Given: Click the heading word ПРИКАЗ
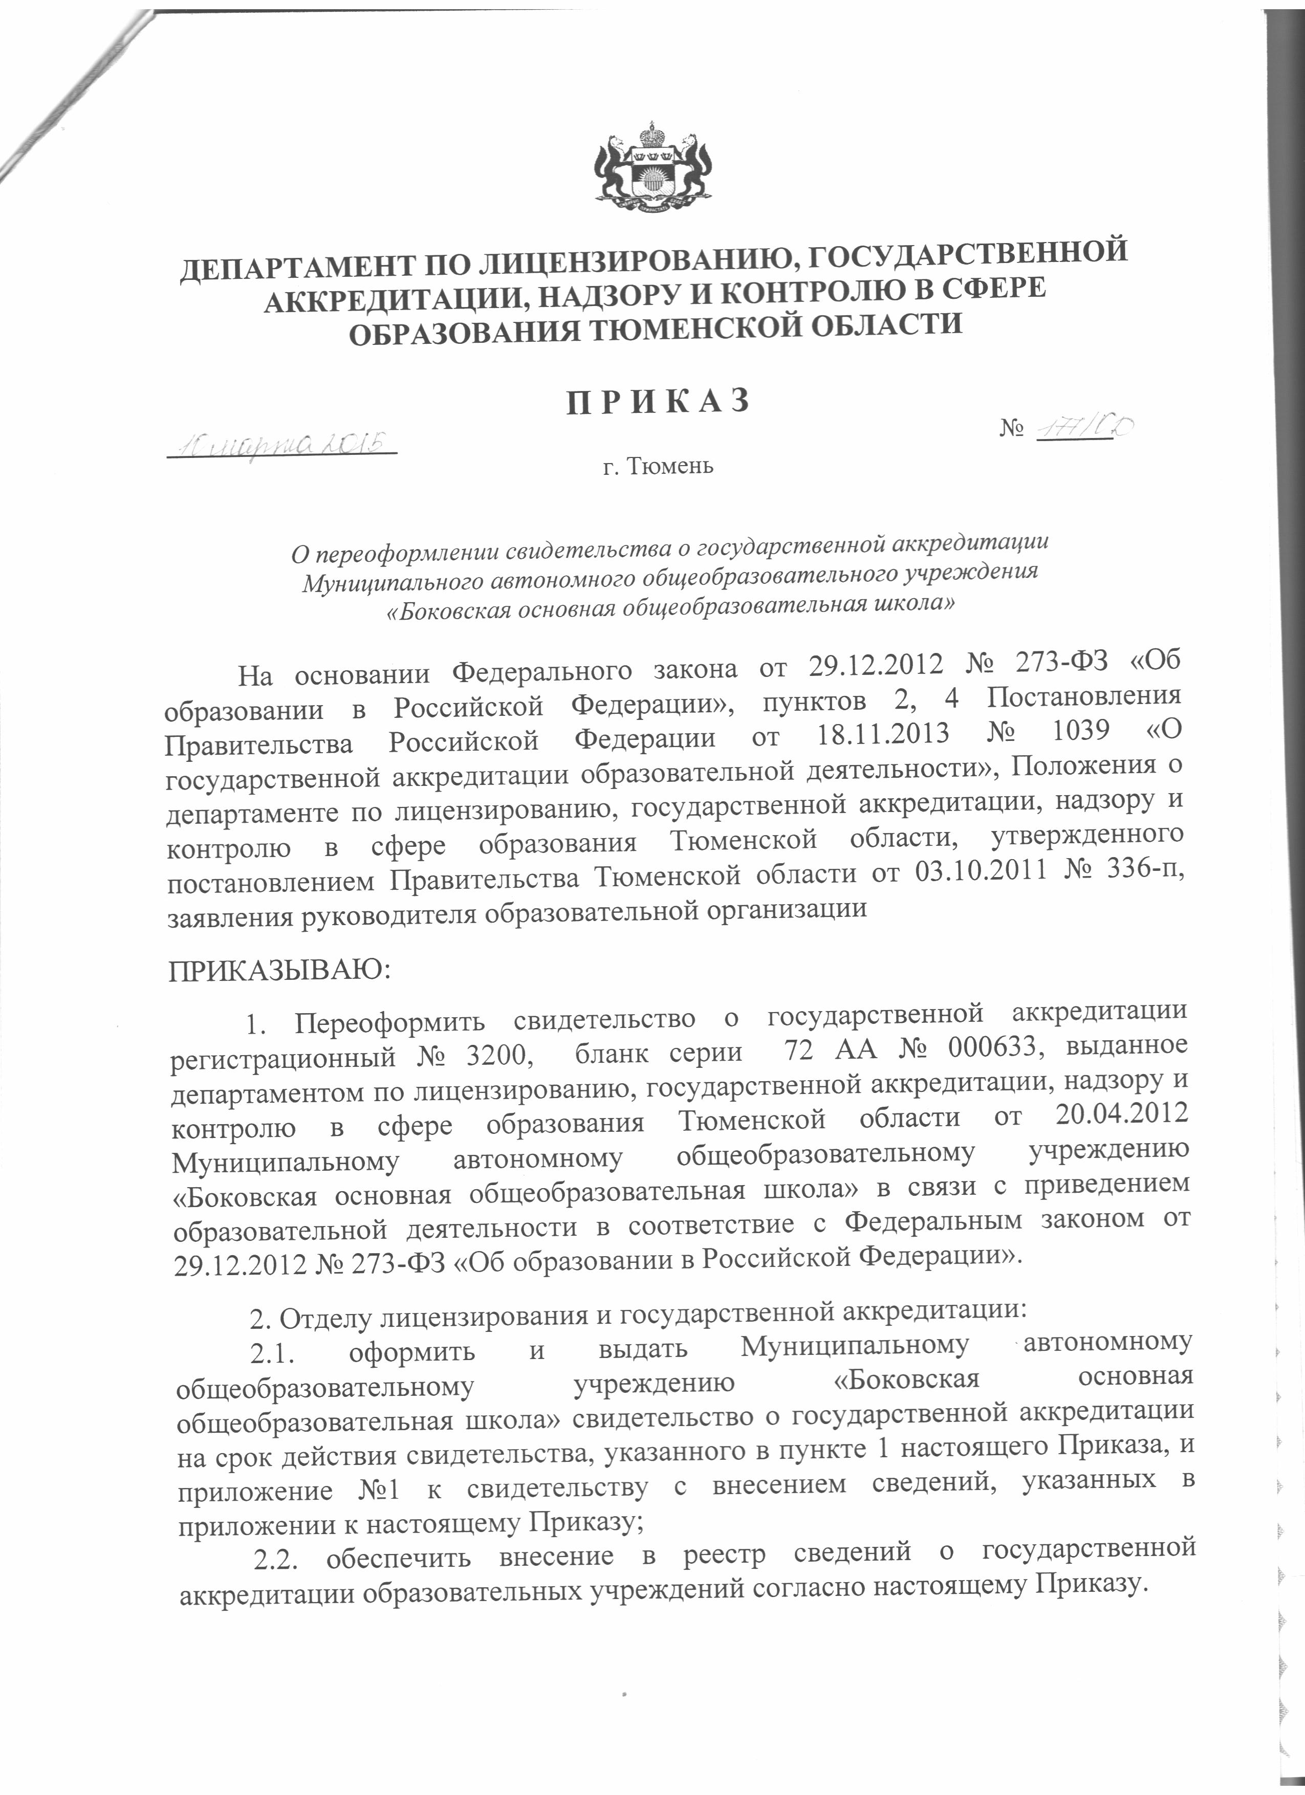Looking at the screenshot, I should coord(657,401).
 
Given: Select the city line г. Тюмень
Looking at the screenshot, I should coord(657,467).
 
